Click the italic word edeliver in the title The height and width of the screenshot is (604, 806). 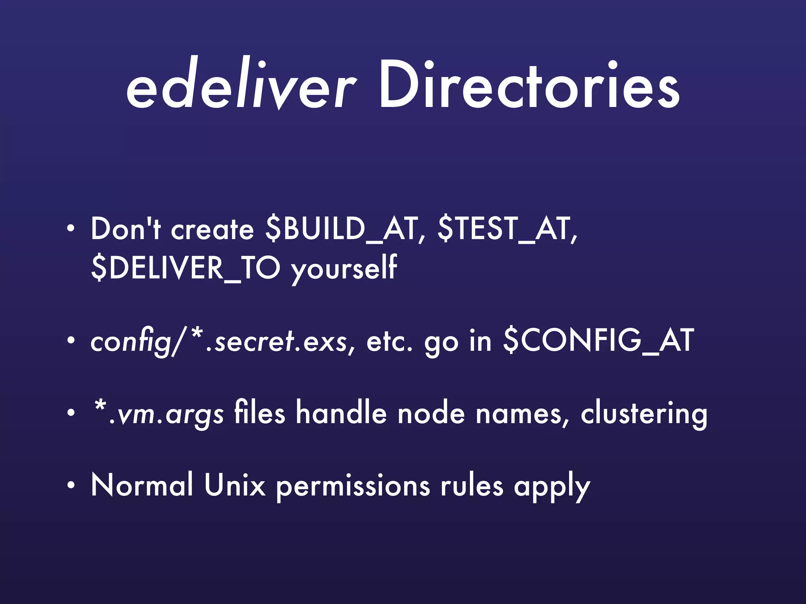pos(241,85)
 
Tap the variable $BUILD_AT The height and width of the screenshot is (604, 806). pos(341,229)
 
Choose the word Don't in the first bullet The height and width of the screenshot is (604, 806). pos(126,229)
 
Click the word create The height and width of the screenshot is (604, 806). pos(213,230)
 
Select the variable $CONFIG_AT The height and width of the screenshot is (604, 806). pos(599,341)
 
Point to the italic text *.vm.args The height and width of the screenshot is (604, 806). pos(157,414)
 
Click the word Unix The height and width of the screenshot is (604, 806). pos(235,486)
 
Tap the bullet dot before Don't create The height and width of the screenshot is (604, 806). pos(70,229)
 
